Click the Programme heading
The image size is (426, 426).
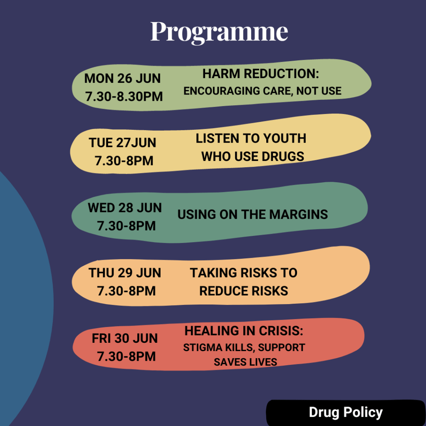coord(219,32)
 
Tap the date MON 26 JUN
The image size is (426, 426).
coord(123,79)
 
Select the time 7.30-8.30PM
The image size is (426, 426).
coord(124,97)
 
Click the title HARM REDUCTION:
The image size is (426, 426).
coord(260,74)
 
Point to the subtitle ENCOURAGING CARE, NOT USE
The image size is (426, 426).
coord(263,91)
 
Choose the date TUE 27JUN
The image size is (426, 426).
coord(123,143)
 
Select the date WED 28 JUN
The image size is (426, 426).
coord(125,208)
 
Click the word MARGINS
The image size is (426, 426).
coord(299,214)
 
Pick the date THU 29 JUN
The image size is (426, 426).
coord(125,273)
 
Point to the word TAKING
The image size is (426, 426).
coord(213,273)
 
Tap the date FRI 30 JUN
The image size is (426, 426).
coord(125,338)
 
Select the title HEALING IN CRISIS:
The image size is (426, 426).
coord(244,331)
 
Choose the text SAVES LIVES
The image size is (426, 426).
coord(245,362)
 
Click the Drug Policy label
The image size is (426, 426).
coord(346,412)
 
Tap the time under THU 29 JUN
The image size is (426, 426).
coord(126,291)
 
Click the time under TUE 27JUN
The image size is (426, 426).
coord(124,161)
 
